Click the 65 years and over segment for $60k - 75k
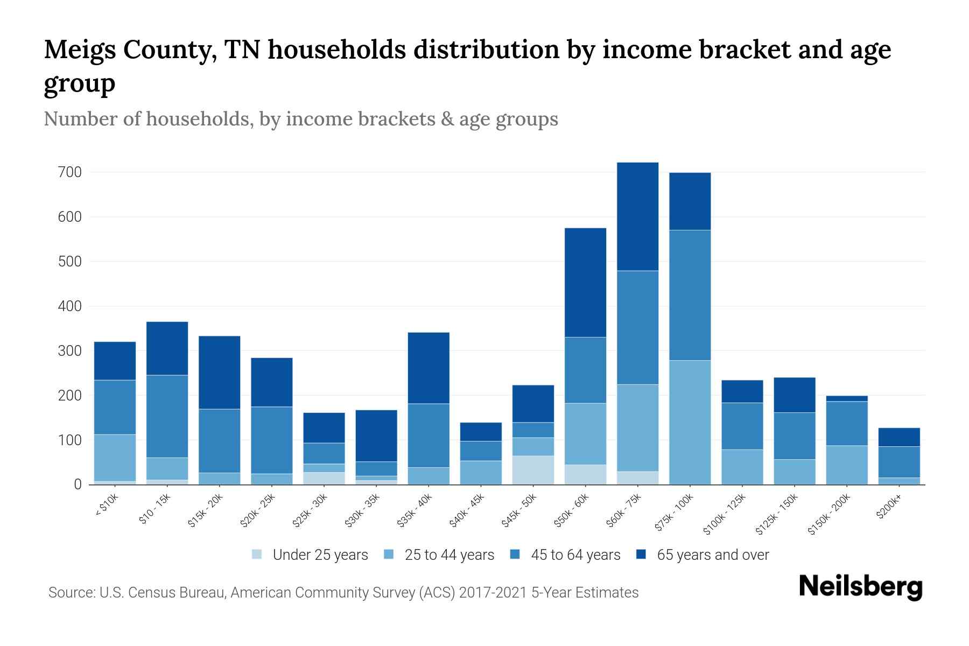tap(637, 216)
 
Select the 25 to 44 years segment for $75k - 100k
tap(690, 423)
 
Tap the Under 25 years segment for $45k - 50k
tap(533, 470)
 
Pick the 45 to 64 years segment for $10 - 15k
tap(167, 416)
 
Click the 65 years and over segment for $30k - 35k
tap(376, 436)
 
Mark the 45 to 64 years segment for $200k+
tap(899, 462)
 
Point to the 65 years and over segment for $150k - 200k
tap(847, 398)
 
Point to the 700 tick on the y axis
tap(71, 172)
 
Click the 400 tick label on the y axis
tap(71, 306)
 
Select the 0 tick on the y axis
tap(78, 484)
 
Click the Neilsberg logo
tap(860, 587)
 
